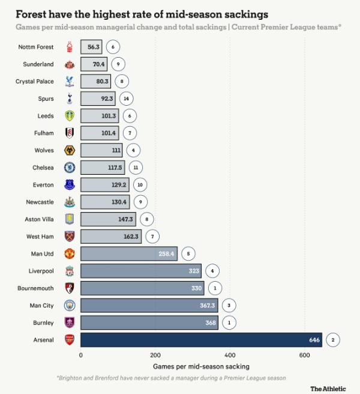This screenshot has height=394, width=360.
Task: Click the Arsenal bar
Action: [201, 340]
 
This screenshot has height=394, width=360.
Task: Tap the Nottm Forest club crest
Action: [69, 47]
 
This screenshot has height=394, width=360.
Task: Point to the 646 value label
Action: [313, 340]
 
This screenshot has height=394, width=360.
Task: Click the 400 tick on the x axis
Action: [230, 356]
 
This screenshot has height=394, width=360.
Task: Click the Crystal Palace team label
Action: [34, 82]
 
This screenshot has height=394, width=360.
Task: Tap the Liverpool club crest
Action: [69, 271]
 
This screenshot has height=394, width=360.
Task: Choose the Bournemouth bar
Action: [142, 288]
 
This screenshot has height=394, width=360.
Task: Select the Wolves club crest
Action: [69, 150]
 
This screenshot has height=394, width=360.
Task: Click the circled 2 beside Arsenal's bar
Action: [333, 340]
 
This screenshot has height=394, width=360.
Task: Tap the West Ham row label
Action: [40, 237]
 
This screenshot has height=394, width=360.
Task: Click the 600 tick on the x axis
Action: [305, 356]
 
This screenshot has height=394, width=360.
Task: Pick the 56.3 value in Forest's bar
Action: [94, 47]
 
